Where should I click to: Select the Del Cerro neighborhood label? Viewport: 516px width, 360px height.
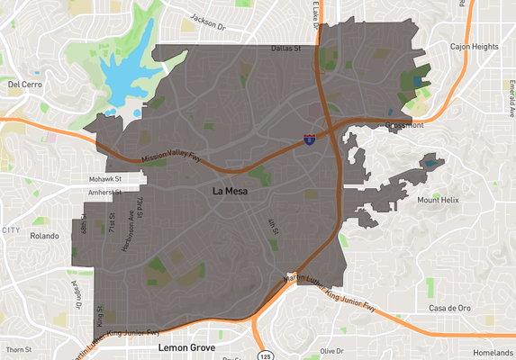tap(25, 84)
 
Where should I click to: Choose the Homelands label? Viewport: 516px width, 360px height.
tap(491, 352)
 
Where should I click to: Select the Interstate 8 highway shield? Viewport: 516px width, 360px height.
tap(309, 139)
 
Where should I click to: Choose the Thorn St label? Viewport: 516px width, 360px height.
tap(18, 348)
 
